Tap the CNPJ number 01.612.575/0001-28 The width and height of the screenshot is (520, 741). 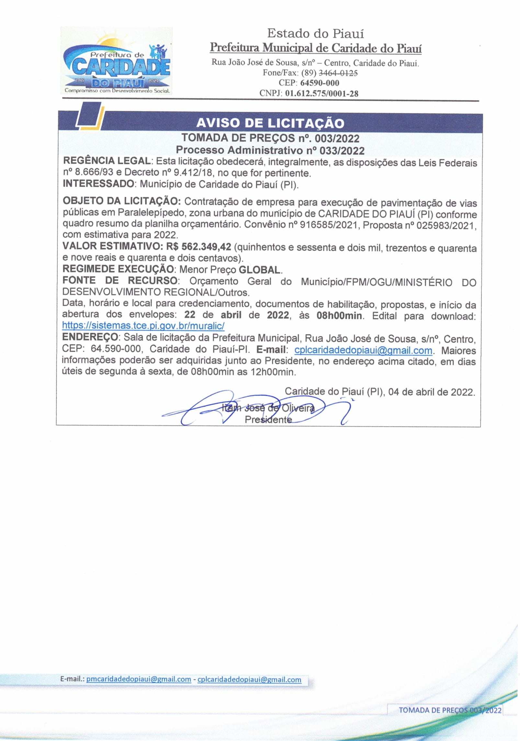tap(322, 94)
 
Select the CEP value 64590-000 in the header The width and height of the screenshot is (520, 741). tap(320, 83)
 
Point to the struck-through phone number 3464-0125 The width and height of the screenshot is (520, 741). tap(338, 73)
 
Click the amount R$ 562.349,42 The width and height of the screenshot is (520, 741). tap(198, 247)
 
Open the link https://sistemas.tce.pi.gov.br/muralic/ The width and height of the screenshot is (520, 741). tap(143, 326)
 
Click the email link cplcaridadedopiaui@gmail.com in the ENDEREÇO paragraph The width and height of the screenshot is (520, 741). tap(363, 350)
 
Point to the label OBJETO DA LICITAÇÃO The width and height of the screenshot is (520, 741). tap(122, 201)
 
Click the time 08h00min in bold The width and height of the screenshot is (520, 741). tap(339, 315)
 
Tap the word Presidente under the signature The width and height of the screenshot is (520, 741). tap(268, 420)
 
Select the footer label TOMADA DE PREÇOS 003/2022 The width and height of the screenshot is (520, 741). tap(450, 710)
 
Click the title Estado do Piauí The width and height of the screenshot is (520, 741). tap(315, 33)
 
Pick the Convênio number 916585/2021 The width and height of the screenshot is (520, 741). tap(329, 225)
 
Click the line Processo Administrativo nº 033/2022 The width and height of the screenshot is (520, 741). tap(270, 150)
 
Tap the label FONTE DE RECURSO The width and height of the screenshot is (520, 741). tap(120, 281)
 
